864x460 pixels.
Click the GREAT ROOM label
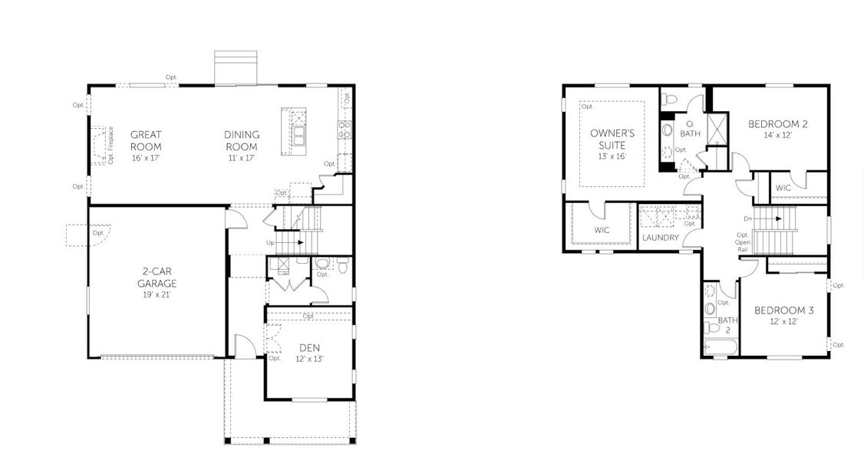click(x=145, y=140)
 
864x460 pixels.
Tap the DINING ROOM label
click(x=241, y=140)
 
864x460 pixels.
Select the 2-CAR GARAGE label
click(x=157, y=278)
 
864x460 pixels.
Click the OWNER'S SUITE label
click(x=608, y=139)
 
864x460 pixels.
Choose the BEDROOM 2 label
click(x=778, y=123)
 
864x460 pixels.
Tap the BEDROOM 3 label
click(x=783, y=310)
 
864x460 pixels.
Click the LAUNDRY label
click(x=660, y=238)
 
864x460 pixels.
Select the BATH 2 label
click(x=727, y=325)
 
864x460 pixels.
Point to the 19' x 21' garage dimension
click(x=157, y=294)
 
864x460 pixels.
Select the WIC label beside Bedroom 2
click(x=783, y=188)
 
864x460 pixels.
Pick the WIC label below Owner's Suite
click(x=602, y=230)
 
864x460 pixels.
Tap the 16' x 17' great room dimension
click(x=145, y=158)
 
